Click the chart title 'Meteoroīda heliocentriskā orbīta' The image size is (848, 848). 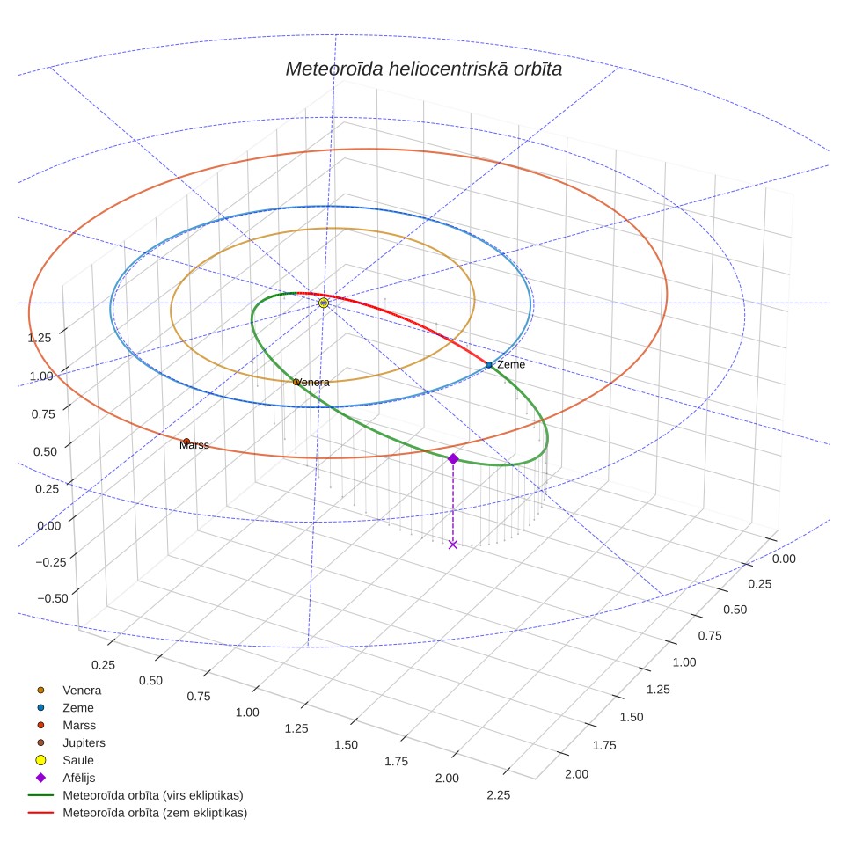tap(423, 69)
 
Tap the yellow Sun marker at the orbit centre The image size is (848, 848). tap(324, 303)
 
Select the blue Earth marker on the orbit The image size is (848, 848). tap(488, 365)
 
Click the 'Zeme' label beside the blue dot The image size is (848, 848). tap(511, 364)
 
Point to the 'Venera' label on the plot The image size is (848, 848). tap(313, 383)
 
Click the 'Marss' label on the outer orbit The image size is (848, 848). tap(194, 445)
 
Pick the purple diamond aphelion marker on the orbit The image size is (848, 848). tap(453, 458)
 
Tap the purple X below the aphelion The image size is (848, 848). tap(453, 544)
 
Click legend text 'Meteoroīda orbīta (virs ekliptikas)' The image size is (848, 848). tap(153, 795)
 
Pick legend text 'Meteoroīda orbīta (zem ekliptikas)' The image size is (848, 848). tap(155, 813)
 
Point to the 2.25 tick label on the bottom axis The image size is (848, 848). tap(498, 795)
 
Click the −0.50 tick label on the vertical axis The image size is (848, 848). tap(53, 598)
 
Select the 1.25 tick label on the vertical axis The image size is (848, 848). tap(40, 338)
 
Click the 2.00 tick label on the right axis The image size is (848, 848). tap(576, 774)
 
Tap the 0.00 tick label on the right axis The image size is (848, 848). tap(784, 559)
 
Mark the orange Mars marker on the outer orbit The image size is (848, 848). tap(186, 442)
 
